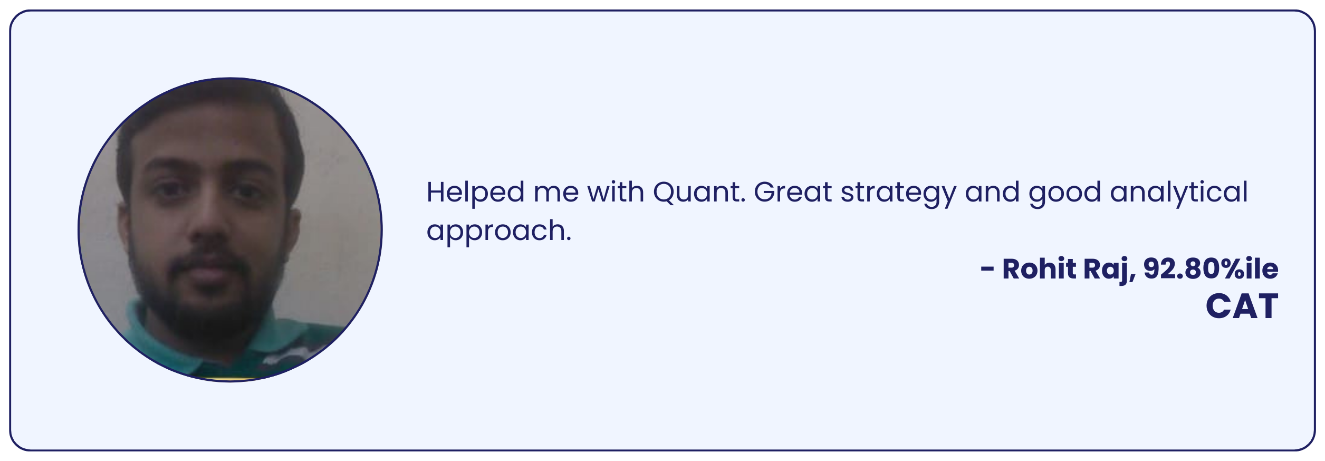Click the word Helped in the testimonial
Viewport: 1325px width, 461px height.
(475, 191)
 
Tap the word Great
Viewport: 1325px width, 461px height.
(793, 192)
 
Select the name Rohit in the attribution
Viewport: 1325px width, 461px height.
(1039, 269)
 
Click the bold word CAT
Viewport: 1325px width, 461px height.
(1242, 306)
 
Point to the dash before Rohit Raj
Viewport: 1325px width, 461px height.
(987, 270)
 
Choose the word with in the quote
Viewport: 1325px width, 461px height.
(616, 191)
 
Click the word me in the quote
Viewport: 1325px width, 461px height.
(556, 194)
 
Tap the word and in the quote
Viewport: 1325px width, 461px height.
(993, 192)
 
